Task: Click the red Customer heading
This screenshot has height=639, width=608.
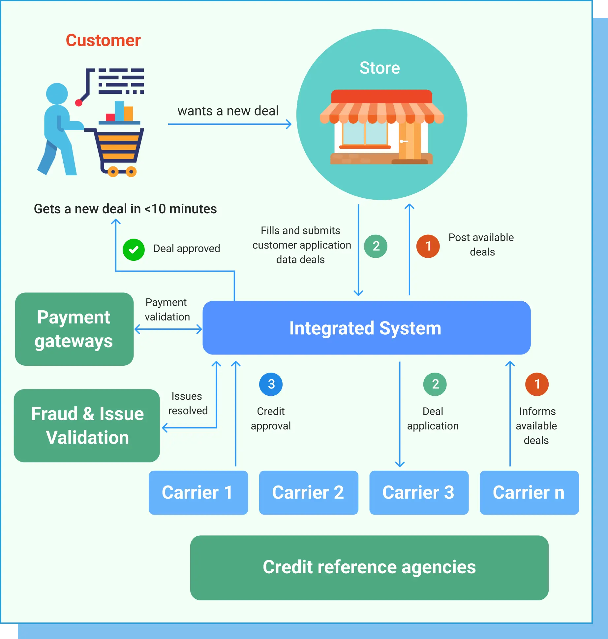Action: coord(103,41)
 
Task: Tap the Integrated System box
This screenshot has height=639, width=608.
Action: coord(366,328)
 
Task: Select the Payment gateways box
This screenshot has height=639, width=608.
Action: coord(74,329)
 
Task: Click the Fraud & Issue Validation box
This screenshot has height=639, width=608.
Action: coord(87,425)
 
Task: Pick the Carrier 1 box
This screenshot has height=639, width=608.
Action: coord(198,492)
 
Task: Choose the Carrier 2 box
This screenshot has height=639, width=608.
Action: coord(308,492)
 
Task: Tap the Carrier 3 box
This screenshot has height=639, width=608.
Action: coord(419,492)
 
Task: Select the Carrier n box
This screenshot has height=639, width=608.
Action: coord(529,492)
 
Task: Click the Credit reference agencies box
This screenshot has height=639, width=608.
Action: coord(369,567)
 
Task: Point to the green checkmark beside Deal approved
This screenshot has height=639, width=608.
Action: coord(134,250)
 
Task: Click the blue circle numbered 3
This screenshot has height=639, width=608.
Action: coord(271,384)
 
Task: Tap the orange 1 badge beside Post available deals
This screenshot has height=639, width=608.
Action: coord(428,246)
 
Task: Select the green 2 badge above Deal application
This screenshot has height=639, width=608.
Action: coord(435,384)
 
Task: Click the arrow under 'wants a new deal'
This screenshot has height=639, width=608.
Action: coord(229,124)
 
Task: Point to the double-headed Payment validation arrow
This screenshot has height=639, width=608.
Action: coord(168,329)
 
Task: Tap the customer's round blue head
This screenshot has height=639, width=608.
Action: coord(57,93)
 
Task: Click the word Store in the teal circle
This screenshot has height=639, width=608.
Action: coord(380,68)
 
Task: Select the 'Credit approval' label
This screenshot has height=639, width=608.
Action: coord(271,419)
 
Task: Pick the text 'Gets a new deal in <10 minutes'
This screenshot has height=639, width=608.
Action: coord(125,209)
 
